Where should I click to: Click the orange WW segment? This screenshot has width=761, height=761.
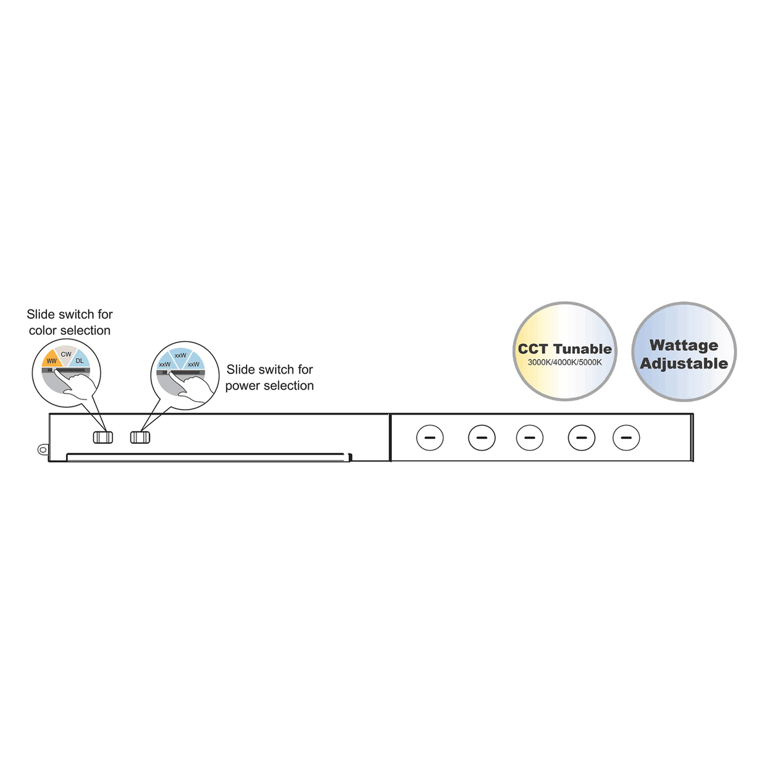pyautogui.click(x=51, y=359)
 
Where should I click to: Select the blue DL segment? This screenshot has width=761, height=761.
pyautogui.click(x=80, y=360)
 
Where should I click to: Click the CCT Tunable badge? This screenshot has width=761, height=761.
pyautogui.click(x=565, y=351)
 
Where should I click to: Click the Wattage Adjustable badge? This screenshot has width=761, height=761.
pyautogui.click(x=684, y=352)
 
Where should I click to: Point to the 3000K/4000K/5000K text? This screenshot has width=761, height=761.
pyautogui.click(x=565, y=362)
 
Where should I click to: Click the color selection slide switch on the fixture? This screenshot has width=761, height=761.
pyautogui.click(x=103, y=437)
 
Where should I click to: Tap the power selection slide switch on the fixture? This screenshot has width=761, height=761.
pyautogui.click(x=140, y=437)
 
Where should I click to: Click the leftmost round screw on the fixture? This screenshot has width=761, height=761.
pyautogui.click(x=430, y=438)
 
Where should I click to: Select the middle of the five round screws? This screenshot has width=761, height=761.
pyautogui.click(x=530, y=438)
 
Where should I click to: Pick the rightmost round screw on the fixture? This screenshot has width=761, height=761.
pyautogui.click(x=627, y=438)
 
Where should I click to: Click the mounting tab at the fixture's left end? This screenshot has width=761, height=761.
pyautogui.click(x=42, y=450)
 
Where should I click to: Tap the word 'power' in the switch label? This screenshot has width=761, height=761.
pyautogui.click(x=242, y=386)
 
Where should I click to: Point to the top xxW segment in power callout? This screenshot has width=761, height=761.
pyautogui.click(x=181, y=356)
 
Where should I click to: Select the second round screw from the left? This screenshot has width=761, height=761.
pyautogui.click(x=482, y=438)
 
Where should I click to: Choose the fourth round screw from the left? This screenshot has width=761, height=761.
pyautogui.click(x=582, y=438)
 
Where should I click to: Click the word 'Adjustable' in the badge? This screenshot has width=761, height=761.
pyautogui.click(x=684, y=364)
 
